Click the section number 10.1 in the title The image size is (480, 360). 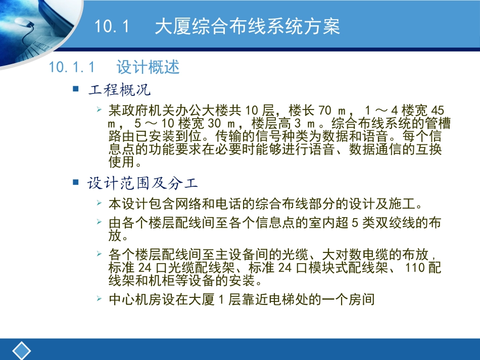click(112, 27)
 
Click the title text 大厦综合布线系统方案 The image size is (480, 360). click(247, 27)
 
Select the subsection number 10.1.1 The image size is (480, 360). click(71, 67)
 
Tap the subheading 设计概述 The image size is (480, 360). click(148, 67)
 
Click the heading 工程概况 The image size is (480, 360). click(119, 90)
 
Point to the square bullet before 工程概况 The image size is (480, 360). click(76, 89)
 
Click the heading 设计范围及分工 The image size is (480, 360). click(142, 183)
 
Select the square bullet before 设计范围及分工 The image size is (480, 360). click(76, 181)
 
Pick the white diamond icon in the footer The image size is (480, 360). click(21, 351)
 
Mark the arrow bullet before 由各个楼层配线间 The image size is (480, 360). click(100, 221)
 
